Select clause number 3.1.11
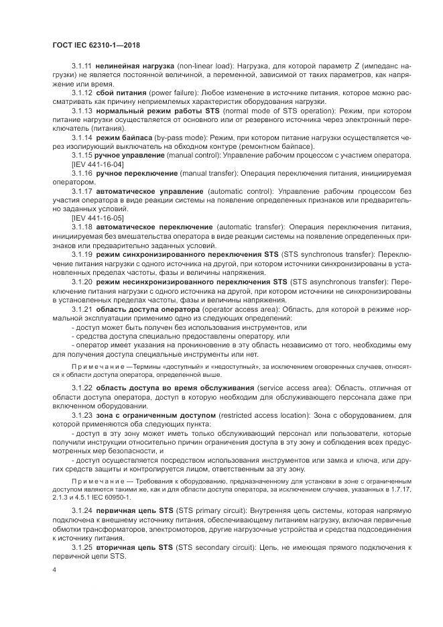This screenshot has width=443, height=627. [x=82, y=66]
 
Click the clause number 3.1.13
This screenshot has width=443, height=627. [x=82, y=110]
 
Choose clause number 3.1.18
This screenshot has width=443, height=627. [x=82, y=227]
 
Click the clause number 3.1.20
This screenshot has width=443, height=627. [x=82, y=281]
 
